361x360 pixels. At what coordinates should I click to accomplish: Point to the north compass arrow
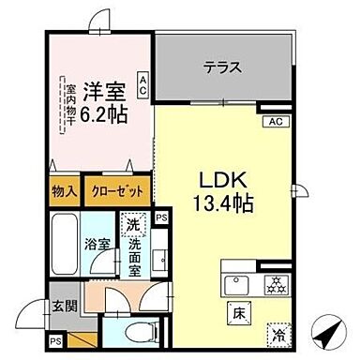[327, 332]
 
